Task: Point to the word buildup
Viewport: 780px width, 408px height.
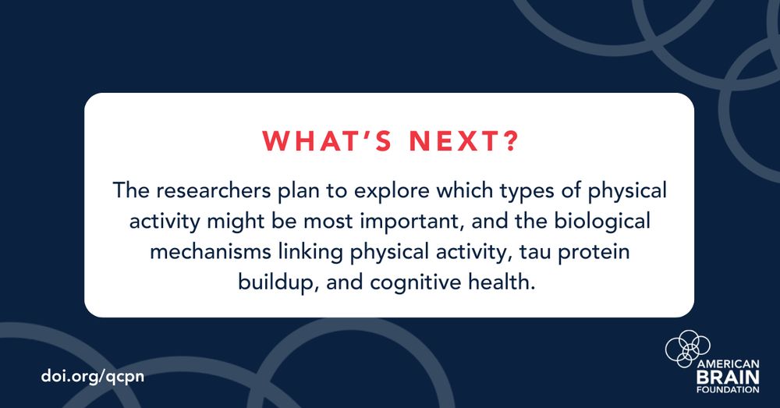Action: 274,282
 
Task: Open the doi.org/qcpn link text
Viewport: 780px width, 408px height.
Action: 93,375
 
